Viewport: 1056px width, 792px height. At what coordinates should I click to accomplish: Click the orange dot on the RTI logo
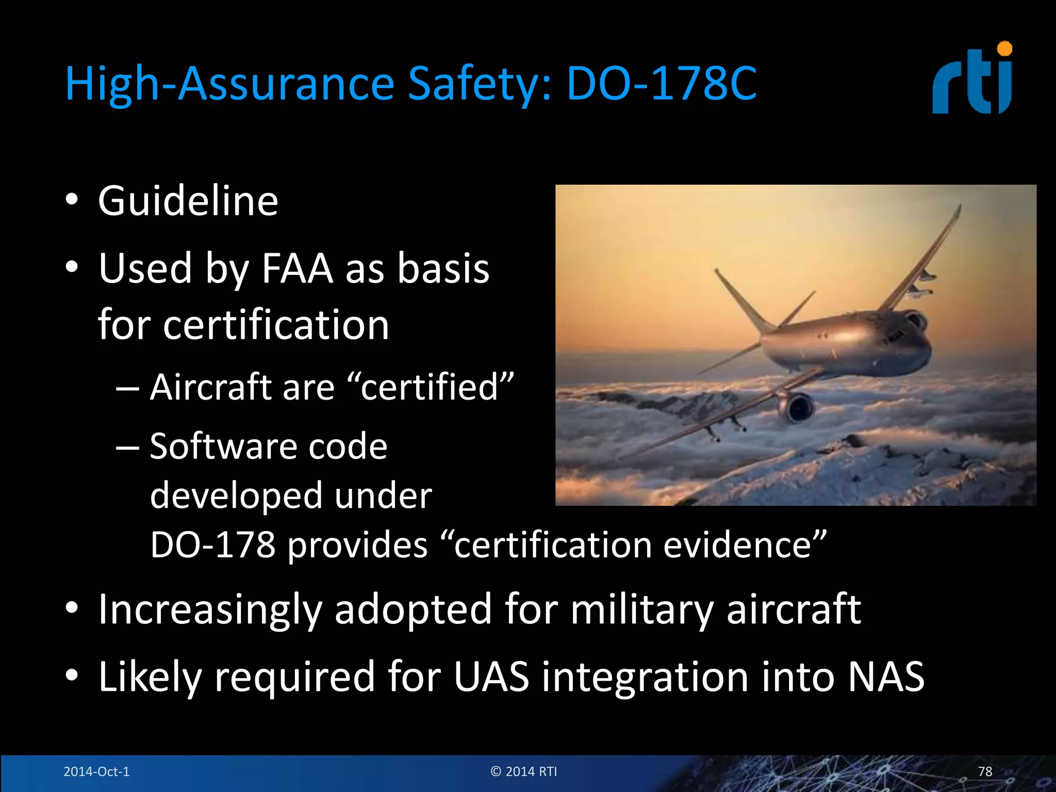pos(1004,49)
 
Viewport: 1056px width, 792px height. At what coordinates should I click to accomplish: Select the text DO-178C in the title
pos(661,84)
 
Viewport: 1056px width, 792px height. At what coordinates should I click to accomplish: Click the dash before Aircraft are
pos(127,388)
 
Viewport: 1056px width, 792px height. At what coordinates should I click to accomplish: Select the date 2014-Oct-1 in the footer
pos(96,771)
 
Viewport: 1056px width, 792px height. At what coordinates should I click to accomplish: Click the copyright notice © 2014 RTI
pos(524,771)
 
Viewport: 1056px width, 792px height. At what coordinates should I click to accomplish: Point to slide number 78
pos(985,771)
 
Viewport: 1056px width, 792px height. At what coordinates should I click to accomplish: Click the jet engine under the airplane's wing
pos(798,407)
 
